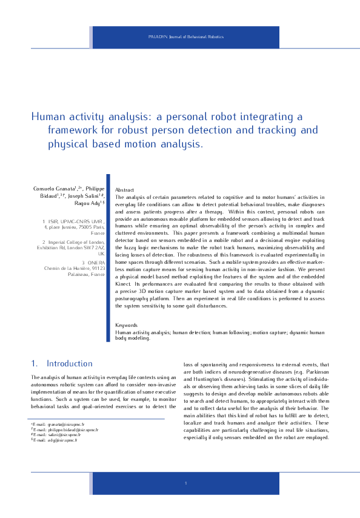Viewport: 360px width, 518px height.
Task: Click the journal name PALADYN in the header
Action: pos(158,37)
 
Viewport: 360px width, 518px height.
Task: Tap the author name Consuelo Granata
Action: pos(53,189)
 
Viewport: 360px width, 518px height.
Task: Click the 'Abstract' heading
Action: pos(124,190)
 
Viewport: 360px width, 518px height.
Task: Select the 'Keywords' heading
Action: pos(127,326)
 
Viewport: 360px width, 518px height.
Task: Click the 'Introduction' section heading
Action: pos(70,363)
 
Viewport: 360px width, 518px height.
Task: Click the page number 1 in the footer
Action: pos(185,482)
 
